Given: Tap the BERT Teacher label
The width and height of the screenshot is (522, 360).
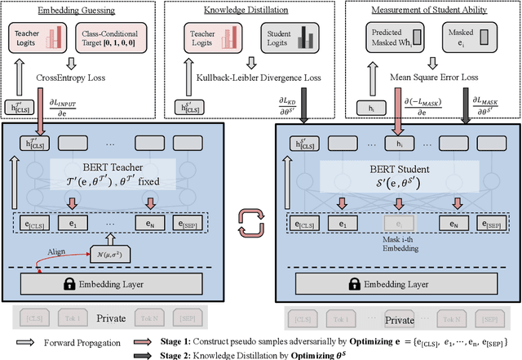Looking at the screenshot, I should pos(115,168).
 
